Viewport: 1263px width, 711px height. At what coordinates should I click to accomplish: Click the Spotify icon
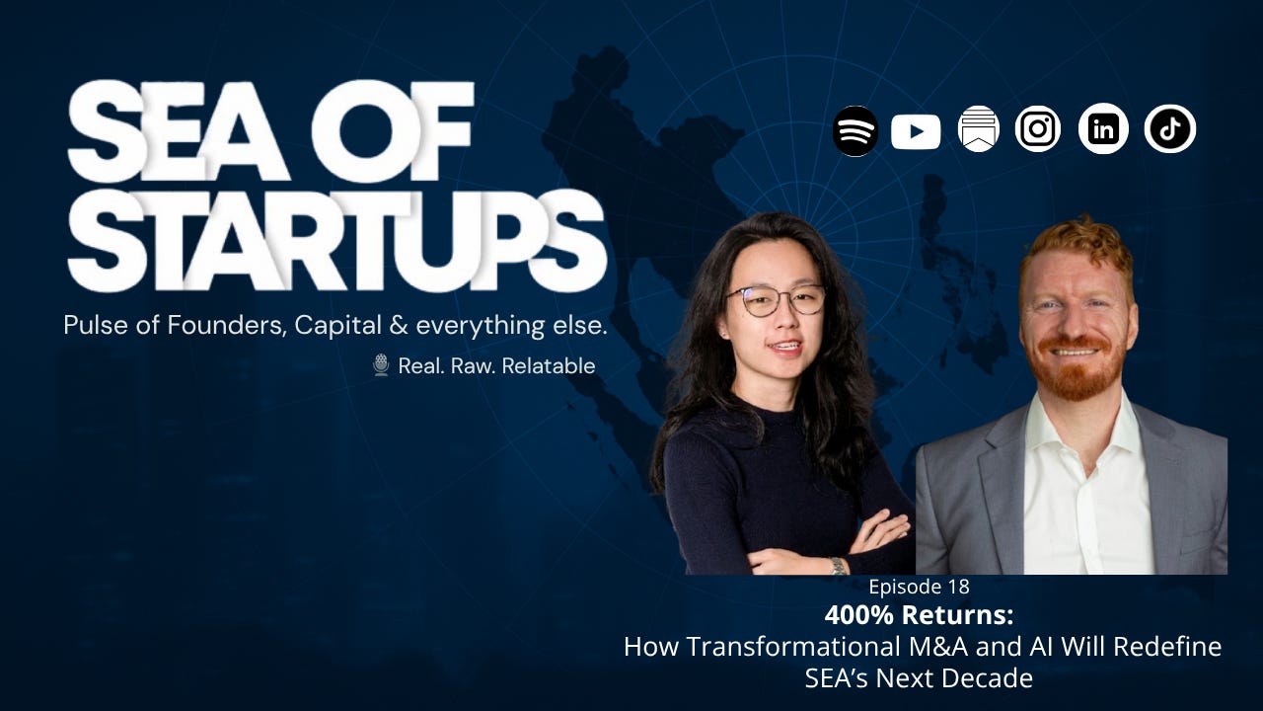click(x=855, y=131)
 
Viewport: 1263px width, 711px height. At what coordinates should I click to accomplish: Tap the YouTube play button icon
click(x=916, y=131)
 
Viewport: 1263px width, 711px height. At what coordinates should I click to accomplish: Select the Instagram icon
click(x=1038, y=129)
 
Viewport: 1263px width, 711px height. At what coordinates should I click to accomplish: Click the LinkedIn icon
click(x=1103, y=129)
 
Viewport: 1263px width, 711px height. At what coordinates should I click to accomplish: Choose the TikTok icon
click(x=1170, y=129)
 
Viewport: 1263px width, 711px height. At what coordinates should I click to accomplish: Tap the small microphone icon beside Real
click(x=381, y=365)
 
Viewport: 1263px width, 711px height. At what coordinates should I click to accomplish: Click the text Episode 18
click(x=919, y=587)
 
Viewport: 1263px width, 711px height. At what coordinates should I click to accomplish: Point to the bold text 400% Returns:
click(x=919, y=615)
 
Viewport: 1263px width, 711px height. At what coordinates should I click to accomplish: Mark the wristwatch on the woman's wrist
click(x=837, y=565)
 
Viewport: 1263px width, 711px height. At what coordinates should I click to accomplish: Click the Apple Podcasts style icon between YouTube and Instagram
click(x=978, y=129)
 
